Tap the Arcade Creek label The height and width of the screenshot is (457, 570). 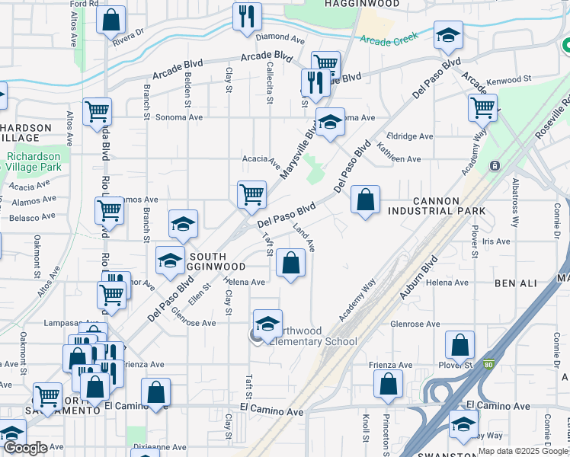390,40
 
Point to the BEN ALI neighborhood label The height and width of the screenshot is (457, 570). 516,283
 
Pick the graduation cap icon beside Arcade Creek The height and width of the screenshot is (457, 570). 449,34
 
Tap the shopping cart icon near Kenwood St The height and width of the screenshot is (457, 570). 482,107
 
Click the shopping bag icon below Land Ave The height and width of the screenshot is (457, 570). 290,263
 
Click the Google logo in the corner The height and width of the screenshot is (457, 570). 25,448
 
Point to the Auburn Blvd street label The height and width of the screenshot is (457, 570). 425,283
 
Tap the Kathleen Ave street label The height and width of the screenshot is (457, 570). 404,159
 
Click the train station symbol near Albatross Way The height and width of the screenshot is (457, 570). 494,165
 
